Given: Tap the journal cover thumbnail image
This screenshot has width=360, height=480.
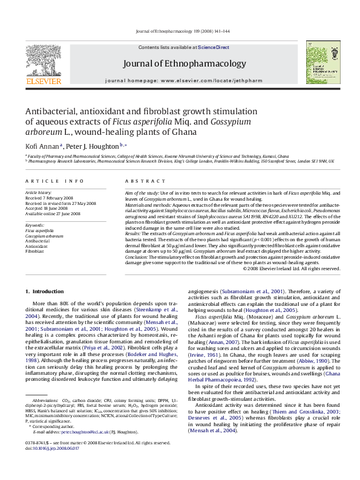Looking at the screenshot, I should click(x=321, y=62).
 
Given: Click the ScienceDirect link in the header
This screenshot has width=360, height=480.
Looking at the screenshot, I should click(x=214, y=47).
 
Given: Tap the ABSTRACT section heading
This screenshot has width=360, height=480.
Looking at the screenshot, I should click(x=141, y=181).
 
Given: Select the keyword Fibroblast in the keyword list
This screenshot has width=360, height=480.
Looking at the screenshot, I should click(x=34, y=250).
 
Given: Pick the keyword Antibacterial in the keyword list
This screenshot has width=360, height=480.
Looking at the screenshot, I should click(x=37, y=240).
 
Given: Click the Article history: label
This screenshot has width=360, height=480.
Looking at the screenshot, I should click(x=38, y=192).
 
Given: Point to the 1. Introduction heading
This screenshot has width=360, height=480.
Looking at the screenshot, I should click(x=49, y=292).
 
